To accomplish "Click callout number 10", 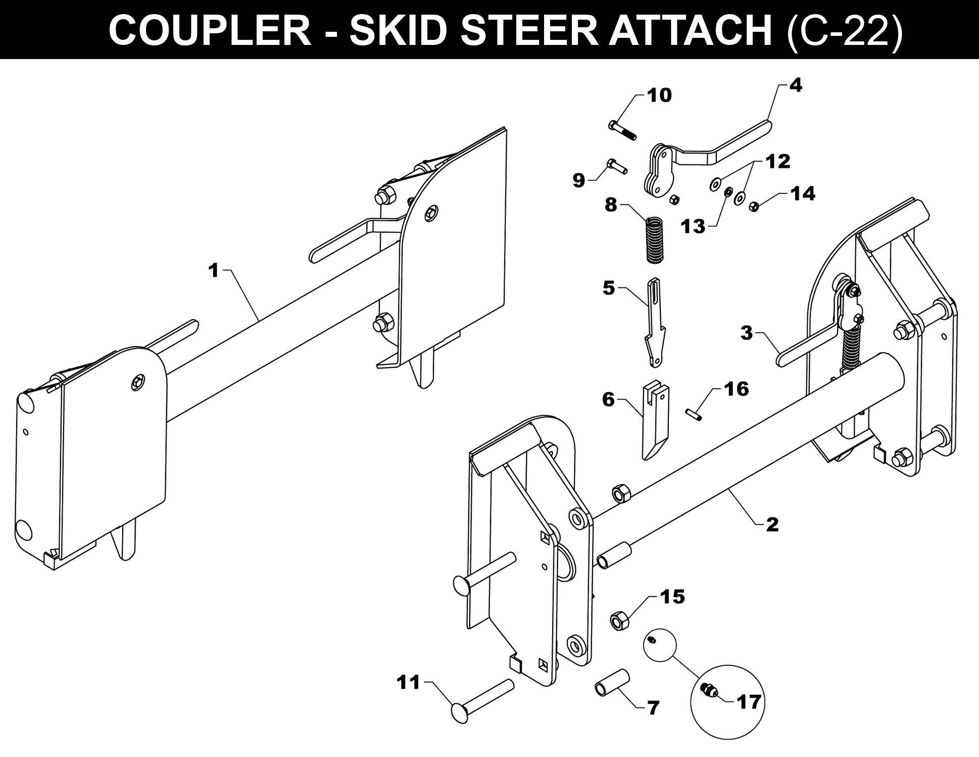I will (659, 95).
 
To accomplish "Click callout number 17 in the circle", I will (749, 701).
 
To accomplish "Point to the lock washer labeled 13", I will (728, 192).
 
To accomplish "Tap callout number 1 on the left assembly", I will (214, 271).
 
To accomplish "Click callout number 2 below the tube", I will (772, 524).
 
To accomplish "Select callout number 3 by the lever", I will (746, 333).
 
